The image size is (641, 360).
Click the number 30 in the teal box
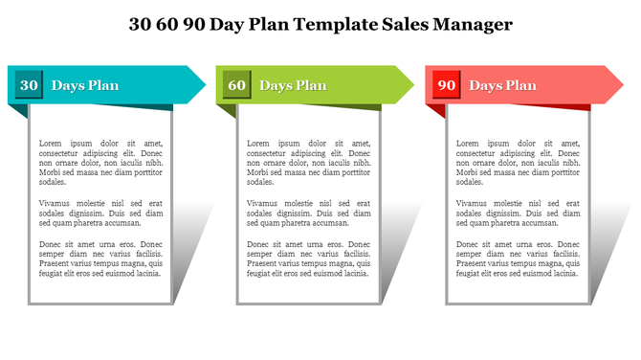[x=30, y=85]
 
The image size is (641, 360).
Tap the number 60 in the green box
[x=237, y=85]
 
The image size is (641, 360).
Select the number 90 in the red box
[x=446, y=85]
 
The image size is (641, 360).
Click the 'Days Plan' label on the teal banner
[x=85, y=85]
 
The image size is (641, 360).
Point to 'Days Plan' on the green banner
[x=293, y=85]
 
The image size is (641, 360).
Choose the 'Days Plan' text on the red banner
[x=502, y=85]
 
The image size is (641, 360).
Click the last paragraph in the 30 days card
[x=100, y=259]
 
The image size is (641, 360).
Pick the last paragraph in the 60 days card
[x=308, y=259]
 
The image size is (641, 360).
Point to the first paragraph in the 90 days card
[x=518, y=162]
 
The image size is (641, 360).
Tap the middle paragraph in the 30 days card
[x=100, y=213]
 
